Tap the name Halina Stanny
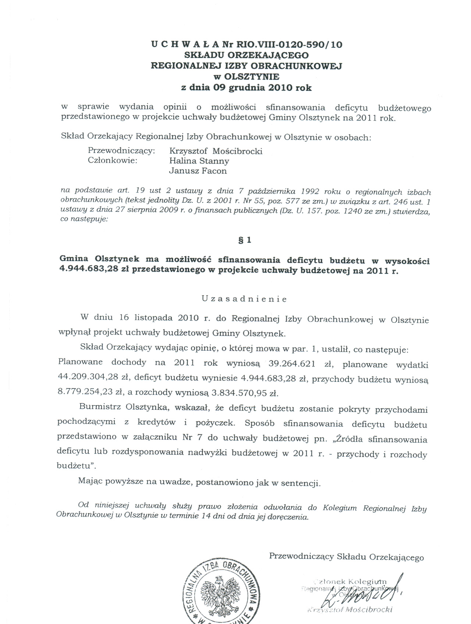click(x=199, y=161)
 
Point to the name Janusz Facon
click(x=198, y=171)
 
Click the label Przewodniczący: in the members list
click(x=121, y=151)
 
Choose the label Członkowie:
click(x=113, y=161)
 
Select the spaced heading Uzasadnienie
click(x=244, y=299)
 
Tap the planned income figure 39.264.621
click(x=292, y=364)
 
